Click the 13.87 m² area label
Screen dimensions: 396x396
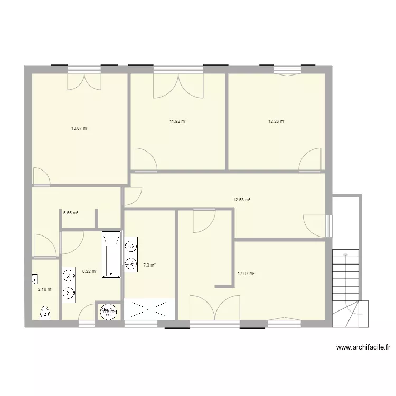[80, 128]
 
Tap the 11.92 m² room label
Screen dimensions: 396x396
[178, 121]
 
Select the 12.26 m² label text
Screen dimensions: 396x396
[277, 121]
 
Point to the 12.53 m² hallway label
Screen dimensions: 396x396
[241, 200]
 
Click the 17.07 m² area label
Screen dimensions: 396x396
[246, 274]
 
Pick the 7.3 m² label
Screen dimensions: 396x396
[149, 265]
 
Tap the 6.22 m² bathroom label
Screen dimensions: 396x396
[89, 271]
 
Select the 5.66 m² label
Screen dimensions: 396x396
[71, 213]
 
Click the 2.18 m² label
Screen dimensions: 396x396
[45, 289]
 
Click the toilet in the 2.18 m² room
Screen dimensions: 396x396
[45, 313]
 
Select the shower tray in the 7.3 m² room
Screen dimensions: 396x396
[149, 309]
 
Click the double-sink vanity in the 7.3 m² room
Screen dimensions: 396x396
[130, 254]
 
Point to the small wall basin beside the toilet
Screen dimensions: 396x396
[35, 278]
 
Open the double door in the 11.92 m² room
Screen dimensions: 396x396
[178, 86]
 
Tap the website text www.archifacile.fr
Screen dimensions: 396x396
[363, 347]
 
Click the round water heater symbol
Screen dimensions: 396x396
[108, 311]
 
